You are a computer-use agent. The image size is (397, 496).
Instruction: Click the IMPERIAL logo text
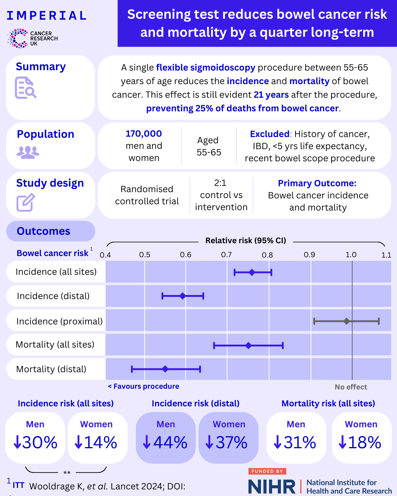(x=47, y=15)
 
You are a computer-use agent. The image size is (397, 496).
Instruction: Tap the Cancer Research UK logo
(x=32, y=38)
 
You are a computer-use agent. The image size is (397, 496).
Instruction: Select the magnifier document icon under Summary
(x=25, y=88)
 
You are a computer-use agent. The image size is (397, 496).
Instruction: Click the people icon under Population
(x=28, y=152)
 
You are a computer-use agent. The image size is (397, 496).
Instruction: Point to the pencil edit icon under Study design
(x=25, y=202)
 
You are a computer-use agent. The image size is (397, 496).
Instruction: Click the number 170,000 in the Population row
(x=144, y=134)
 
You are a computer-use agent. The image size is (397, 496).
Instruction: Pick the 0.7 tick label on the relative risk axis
(x=226, y=255)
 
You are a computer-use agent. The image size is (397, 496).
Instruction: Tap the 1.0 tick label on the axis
(x=351, y=255)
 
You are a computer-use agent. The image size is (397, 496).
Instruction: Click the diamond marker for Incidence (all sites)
(x=252, y=272)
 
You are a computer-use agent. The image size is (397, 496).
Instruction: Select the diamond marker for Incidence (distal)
(x=183, y=296)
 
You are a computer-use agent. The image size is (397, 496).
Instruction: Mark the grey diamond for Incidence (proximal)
(x=347, y=321)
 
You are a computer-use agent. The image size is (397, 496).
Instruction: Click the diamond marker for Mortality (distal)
(x=165, y=369)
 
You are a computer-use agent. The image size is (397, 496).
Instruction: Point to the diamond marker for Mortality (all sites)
(x=248, y=345)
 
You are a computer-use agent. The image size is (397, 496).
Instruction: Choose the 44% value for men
(x=166, y=442)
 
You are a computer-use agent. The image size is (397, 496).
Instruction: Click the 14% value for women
(x=96, y=442)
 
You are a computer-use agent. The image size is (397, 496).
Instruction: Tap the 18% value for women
(x=360, y=442)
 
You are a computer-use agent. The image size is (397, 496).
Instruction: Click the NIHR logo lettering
(x=272, y=486)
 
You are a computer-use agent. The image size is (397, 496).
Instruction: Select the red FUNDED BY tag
(x=267, y=471)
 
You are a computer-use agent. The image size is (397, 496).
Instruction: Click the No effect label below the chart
(x=351, y=387)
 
